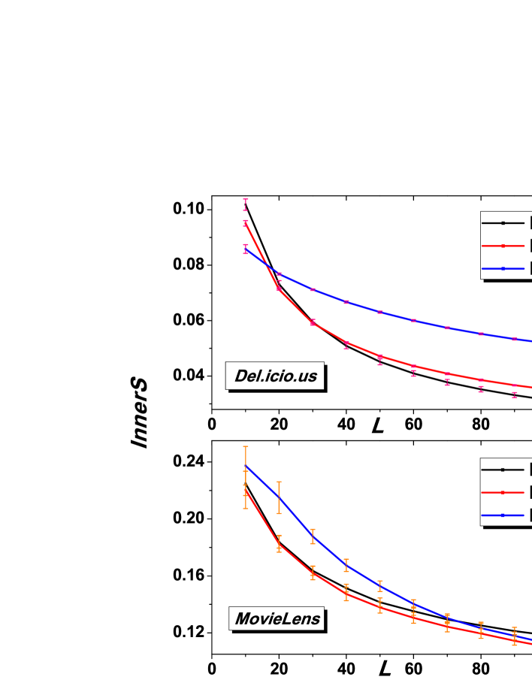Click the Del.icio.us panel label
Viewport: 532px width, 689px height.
pyautogui.click(x=275, y=376)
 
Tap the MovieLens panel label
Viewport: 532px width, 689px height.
pyautogui.click(x=277, y=618)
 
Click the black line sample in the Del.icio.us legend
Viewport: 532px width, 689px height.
pyautogui.click(x=503, y=223)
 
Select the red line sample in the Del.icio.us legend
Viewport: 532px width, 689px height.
pyautogui.click(x=503, y=246)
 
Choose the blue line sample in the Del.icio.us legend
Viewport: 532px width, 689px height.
pyautogui.click(x=503, y=268)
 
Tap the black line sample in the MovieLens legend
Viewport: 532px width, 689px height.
pyautogui.click(x=503, y=470)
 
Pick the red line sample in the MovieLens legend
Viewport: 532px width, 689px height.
pyautogui.click(x=503, y=492)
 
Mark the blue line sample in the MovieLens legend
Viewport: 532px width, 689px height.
pyautogui.click(x=503, y=515)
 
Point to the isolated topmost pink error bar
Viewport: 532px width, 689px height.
pyautogui.click(x=246, y=204)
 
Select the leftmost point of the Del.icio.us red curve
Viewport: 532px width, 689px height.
pyautogui.click(x=246, y=222)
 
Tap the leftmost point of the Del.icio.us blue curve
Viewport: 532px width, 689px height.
pyautogui.click(x=246, y=249)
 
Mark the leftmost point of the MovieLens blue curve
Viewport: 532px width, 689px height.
pyautogui.click(x=246, y=466)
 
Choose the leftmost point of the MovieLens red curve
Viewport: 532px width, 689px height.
pyautogui.click(x=246, y=490)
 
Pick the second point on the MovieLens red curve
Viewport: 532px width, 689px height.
pyautogui.click(x=279, y=543)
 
